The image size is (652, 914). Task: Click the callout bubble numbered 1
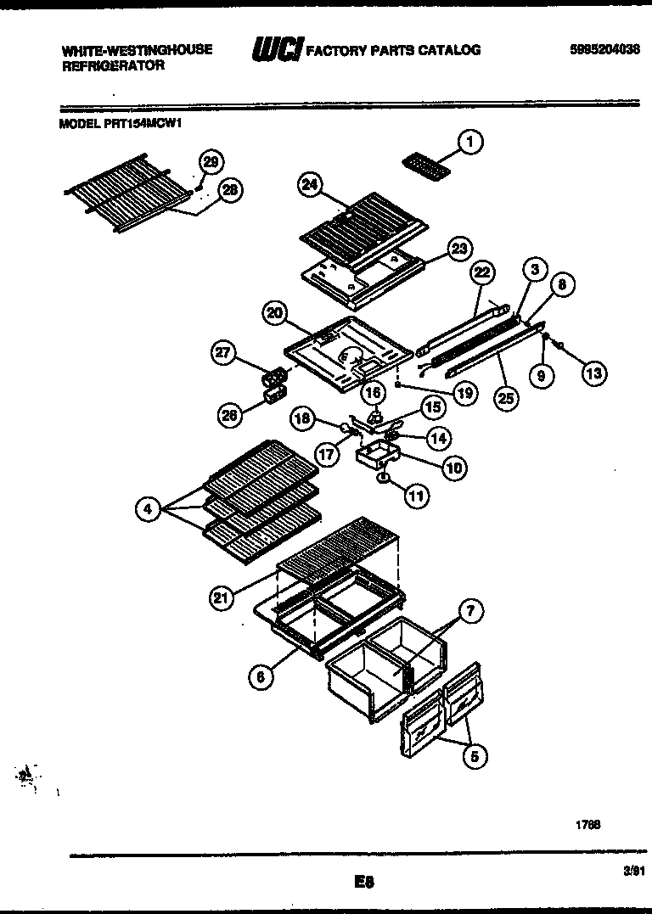click(x=471, y=142)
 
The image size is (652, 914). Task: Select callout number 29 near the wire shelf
click(x=211, y=162)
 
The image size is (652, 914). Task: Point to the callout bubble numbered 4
click(x=149, y=509)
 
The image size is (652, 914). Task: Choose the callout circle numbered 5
click(x=476, y=755)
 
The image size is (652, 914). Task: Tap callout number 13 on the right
click(x=594, y=372)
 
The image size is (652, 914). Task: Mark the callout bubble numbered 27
click(x=223, y=355)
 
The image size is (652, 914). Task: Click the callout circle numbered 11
click(x=416, y=497)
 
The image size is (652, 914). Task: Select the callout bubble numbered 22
click(x=482, y=273)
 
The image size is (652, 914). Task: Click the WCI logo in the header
click(x=275, y=51)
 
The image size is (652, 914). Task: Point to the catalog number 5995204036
click(x=604, y=50)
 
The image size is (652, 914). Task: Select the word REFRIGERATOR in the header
click(x=113, y=64)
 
